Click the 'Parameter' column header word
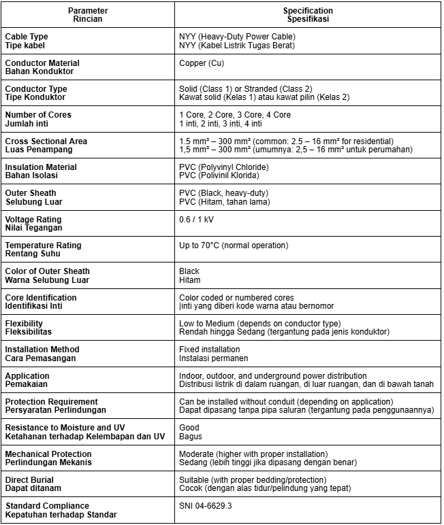(x=88, y=11)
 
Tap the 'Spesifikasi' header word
(x=308, y=20)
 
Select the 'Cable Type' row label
(x=27, y=37)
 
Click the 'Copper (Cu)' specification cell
(x=202, y=63)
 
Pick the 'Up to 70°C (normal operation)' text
(x=234, y=245)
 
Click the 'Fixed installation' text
(x=209, y=350)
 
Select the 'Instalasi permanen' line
(x=213, y=358)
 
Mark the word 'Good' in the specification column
(x=189, y=428)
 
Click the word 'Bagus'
(x=191, y=437)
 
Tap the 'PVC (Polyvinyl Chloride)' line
(x=223, y=167)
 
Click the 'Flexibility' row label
(x=24, y=324)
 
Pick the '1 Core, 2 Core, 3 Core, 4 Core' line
(x=235, y=115)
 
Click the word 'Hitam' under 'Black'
(x=189, y=280)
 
